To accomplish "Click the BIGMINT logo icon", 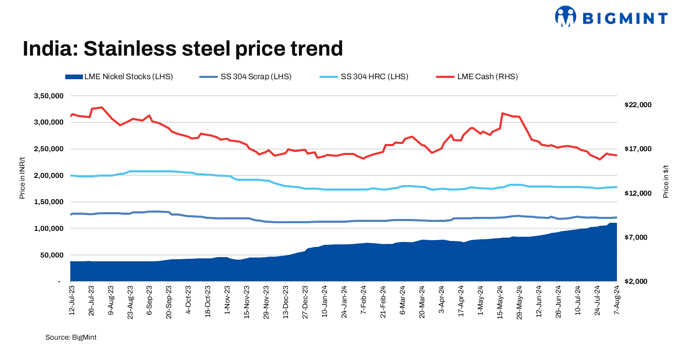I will [565, 17].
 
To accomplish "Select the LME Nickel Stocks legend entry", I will [119, 77].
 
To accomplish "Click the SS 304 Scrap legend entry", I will [246, 77].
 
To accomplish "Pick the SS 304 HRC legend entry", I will [364, 77].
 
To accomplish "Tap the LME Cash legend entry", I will [477, 77].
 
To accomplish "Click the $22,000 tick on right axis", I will [638, 105].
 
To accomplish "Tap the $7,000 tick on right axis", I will [636, 238].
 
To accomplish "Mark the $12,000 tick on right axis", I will [638, 194].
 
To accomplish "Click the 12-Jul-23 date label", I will [72, 300].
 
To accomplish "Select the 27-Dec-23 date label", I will [305, 302].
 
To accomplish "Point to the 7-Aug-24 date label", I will [617, 299].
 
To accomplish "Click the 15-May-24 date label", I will [500, 302].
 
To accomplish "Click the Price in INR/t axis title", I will [22, 178].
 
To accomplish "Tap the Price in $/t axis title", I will [666, 181].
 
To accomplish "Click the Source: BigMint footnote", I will [71, 338].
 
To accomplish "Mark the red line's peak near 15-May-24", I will [502, 114].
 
